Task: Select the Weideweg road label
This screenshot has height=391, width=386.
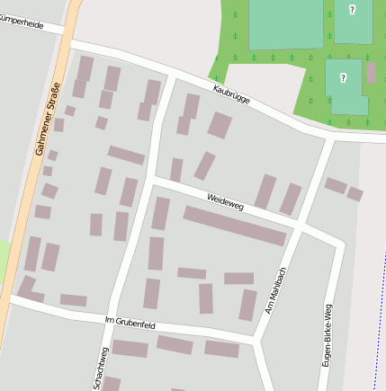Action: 225,200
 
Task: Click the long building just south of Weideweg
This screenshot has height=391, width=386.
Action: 234,226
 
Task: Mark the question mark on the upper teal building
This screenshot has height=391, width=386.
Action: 352,10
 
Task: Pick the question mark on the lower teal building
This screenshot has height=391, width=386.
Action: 343,78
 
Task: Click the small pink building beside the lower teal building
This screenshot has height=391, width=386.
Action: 372,73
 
